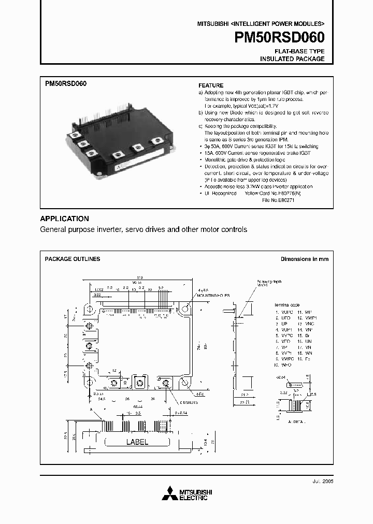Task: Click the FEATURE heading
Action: click(x=211, y=85)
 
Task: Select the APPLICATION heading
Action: click(x=64, y=219)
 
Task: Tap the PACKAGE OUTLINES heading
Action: click(x=73, y=259)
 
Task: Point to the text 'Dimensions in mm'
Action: click(x=304, y=259)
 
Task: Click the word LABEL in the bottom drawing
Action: click(x=137, y=442)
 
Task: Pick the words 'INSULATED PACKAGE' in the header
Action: click(x=292, y=59)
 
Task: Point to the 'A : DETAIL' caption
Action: click(x=297, y=421)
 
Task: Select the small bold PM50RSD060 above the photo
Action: click(x=66, y=83)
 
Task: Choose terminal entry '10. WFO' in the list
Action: click(x=283, y=365)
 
